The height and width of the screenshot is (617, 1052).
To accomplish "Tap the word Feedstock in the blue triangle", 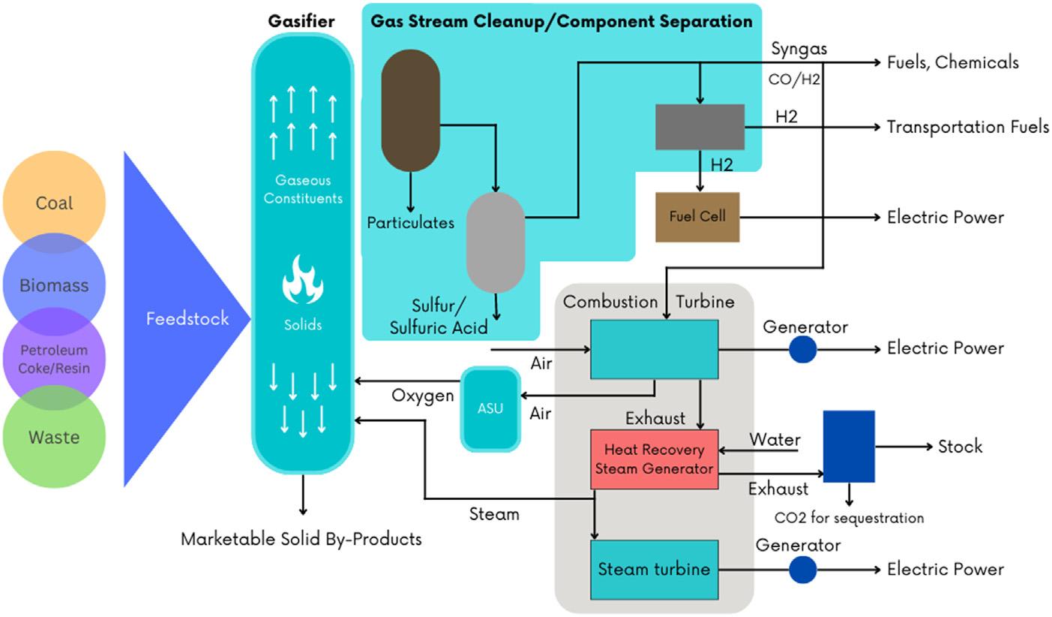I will tap(187, 318).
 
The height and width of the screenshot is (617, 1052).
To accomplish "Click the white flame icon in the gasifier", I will tap(302, 278).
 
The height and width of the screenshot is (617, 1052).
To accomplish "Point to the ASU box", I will tap(490, 408).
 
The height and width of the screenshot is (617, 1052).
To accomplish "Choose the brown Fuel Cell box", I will tap(697, 217).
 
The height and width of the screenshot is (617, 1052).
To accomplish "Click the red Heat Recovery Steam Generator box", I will tap(654, 459).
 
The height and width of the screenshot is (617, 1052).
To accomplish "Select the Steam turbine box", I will tap(654, 569).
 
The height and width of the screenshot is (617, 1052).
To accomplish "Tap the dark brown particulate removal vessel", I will tap(410, 110).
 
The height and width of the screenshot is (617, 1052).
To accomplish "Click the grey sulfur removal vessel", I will tap(495, 242).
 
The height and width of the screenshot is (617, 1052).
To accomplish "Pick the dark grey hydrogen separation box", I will tap(700, 127).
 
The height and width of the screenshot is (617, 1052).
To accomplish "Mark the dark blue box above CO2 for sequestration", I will tap(849, 446).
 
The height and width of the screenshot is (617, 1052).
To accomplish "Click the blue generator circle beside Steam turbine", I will tap(802, 570).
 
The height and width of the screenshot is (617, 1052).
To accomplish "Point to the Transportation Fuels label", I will tap(967, 127).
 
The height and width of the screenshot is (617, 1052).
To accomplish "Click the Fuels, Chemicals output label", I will tap(952, 62).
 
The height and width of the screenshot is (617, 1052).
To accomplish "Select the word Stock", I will tap(960, 447).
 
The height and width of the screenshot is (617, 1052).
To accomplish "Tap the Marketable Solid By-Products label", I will tap(301, 539).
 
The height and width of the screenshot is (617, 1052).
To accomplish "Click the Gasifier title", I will tap(301, 21).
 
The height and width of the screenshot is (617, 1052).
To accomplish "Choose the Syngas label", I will tap(799, 49).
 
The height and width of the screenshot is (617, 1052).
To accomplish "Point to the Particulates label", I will tap(410, 223).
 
